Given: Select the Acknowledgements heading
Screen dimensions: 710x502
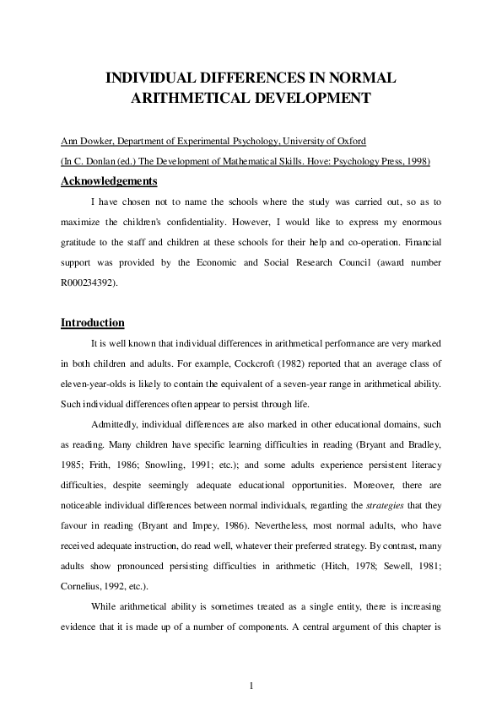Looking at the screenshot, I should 109,180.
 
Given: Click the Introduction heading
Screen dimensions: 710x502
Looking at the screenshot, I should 93,323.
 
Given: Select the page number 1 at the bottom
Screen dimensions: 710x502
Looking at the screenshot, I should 251,684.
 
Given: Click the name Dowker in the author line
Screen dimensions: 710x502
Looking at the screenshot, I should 98,141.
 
